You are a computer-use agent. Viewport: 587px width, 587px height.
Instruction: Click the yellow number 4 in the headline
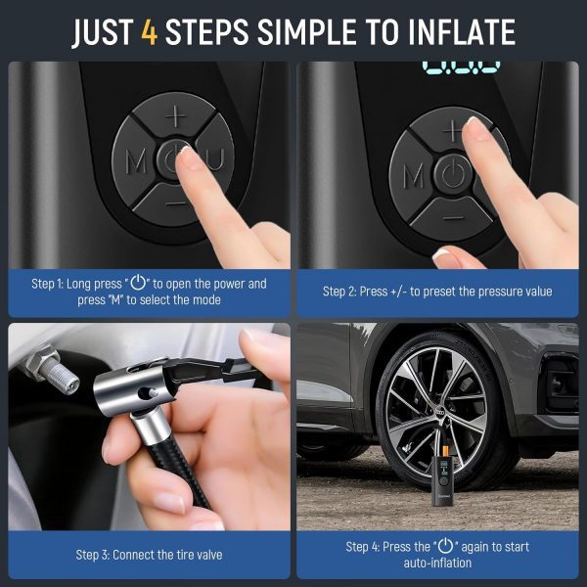coord(149,32)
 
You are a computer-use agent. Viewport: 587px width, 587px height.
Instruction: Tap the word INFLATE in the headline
coord(462,32)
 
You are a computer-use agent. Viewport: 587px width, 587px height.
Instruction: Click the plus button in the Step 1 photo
coord(174,115)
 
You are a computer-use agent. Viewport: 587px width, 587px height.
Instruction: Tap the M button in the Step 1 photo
coord(135,161)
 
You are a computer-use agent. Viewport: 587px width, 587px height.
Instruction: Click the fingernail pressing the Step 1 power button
coord(185,151)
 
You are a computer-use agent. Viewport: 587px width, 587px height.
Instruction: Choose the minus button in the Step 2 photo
coord(454,217)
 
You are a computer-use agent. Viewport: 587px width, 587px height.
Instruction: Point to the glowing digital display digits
coord(461,68)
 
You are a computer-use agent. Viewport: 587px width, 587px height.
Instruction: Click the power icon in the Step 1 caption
coord(138,283)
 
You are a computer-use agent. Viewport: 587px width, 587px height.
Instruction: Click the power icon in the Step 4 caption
coord(445,546)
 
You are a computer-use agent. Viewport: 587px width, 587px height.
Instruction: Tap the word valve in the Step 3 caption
coord(208,555)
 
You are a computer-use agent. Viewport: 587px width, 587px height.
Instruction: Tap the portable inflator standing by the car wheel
coord(443,476)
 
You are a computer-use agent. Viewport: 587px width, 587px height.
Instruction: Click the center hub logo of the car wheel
coord(440,411)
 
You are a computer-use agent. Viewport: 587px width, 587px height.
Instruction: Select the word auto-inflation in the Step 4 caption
coord(437,563)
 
